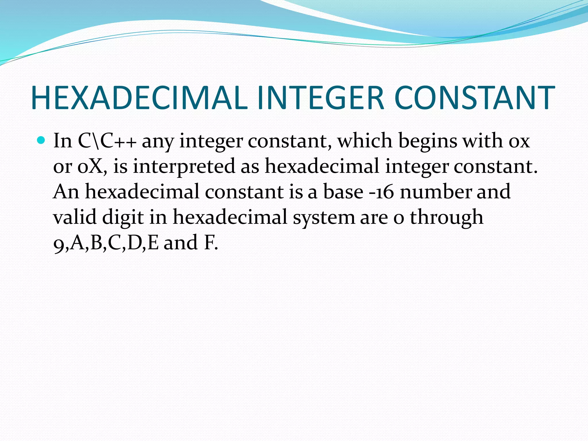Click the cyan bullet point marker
42,140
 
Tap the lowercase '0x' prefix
519,142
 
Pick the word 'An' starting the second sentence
66,192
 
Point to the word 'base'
343,192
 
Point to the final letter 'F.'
211,242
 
